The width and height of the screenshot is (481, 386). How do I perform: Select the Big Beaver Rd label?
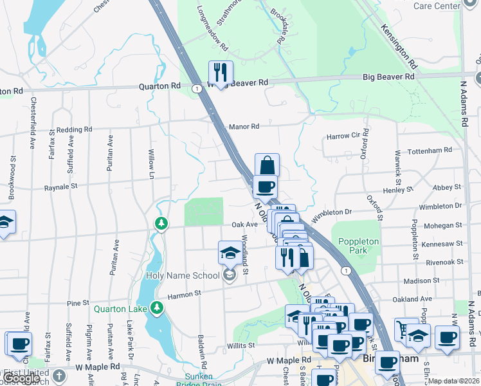pyautogui.click(x=388, y=77)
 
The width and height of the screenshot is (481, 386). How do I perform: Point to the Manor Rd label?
pyautogui.click(x=244, y=127)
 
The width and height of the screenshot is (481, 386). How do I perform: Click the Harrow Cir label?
pyautogui.click(x=342, y=136)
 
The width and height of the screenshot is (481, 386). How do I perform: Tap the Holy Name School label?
pyautogui.click(x=183, y=275)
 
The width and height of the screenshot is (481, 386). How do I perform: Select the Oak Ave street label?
pyautogui.click(x=244, y=225)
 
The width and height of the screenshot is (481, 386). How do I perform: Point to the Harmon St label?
pyautogui.click(x=185, y=295)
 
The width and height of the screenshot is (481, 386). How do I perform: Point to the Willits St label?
pyautogui.click(x=241, y=345)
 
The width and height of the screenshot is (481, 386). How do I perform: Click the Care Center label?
pyautogui.click(x=437, y=6)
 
